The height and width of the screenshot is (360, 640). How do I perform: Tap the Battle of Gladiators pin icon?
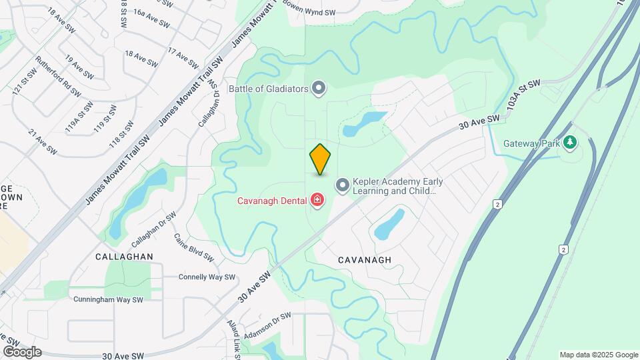pos(319,88)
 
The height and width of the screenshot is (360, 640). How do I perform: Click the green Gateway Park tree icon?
pos(569,142)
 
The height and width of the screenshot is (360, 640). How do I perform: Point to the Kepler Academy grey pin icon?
pos(342,185)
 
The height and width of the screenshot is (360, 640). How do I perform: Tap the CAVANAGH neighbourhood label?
pos(364,259)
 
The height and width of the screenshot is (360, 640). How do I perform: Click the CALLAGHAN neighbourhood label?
pos(124,257)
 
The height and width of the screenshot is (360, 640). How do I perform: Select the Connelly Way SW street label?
pos(207,277)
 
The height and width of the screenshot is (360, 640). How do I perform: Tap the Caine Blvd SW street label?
pos(194,247)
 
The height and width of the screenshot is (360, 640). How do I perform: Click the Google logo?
pos(21,351)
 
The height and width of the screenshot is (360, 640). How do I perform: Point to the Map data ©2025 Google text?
pos(599,355)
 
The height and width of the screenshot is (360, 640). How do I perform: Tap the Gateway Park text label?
pos(531,143)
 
